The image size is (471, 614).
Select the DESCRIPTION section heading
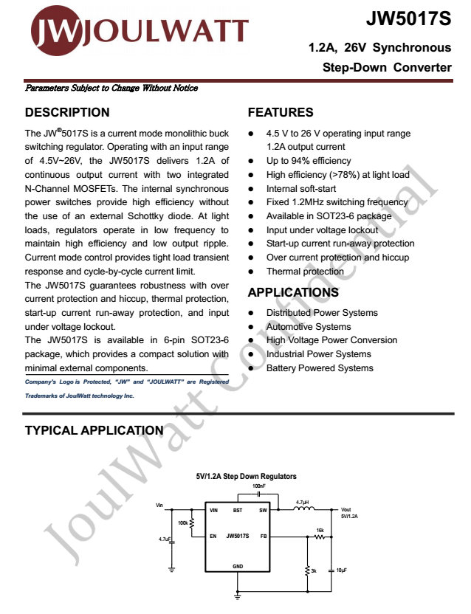(x=67, y=113)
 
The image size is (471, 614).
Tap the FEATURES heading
(x=281, y=113)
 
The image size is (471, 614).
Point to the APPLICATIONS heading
(x=293, y=292)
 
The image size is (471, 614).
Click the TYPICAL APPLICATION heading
(x=94, y=431)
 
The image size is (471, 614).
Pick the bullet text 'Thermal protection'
(x=305, y=272)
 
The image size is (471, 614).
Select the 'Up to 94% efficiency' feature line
(x=309, y=161)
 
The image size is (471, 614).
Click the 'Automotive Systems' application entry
(x=309, y=327)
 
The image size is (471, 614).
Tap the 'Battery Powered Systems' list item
(x=320, y=368)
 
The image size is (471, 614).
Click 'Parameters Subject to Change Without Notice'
(x=111, y=89)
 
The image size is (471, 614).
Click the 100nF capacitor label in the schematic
(x=258, y=487)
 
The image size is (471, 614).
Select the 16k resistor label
(x=320, y=531)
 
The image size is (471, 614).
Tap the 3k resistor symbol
(x=307, y=571)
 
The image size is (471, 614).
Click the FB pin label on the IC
(x=263, y=536)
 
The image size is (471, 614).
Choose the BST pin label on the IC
(x=238, y=510)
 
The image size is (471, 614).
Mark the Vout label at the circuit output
(x=346, y=510)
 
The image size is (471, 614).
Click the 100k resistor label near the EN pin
(x=183, y=523)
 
